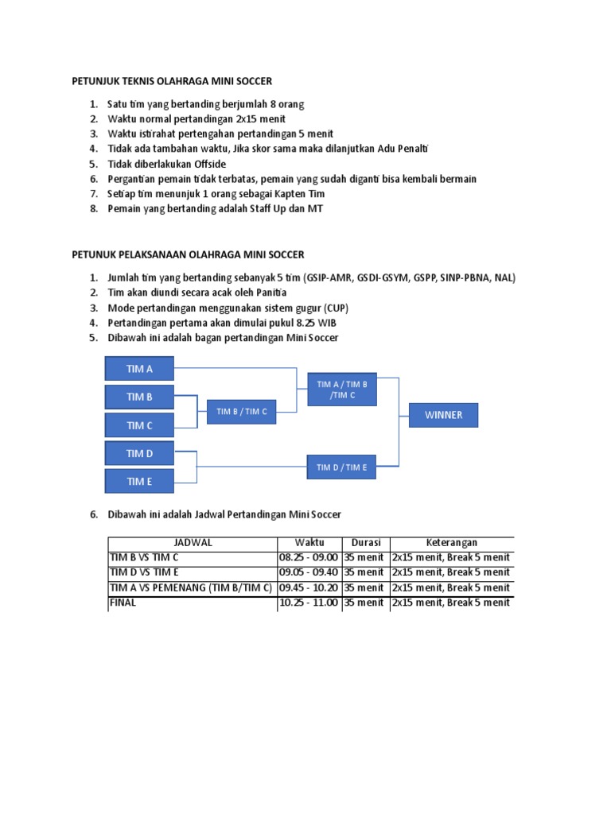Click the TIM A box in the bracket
click(x=139, y=369)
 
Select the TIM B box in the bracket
click(x=139, y=397)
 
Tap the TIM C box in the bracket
click(x=139, y=425)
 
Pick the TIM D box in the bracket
click(x=139, y=453)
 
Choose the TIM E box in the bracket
click(x=139, y=481)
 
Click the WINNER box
click(x=443, y=415)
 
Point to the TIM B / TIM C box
click(x=242, y=411)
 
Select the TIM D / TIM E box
click(x=342, y=467)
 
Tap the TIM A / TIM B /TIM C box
click(x=342, y=389)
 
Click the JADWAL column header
click(x=193, y=542)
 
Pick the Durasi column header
click(x=366, y=542)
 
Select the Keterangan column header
click(x=451, y=542)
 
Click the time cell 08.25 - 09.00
click(x=309, y=557)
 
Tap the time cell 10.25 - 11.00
click(x=309, y=603)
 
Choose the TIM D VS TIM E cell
click(x=144, y=572)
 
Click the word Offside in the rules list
click(x=205, y=164)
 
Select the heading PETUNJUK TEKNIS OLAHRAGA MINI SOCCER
click(x=172, y=81)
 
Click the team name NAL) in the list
click(x=504, y=277)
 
